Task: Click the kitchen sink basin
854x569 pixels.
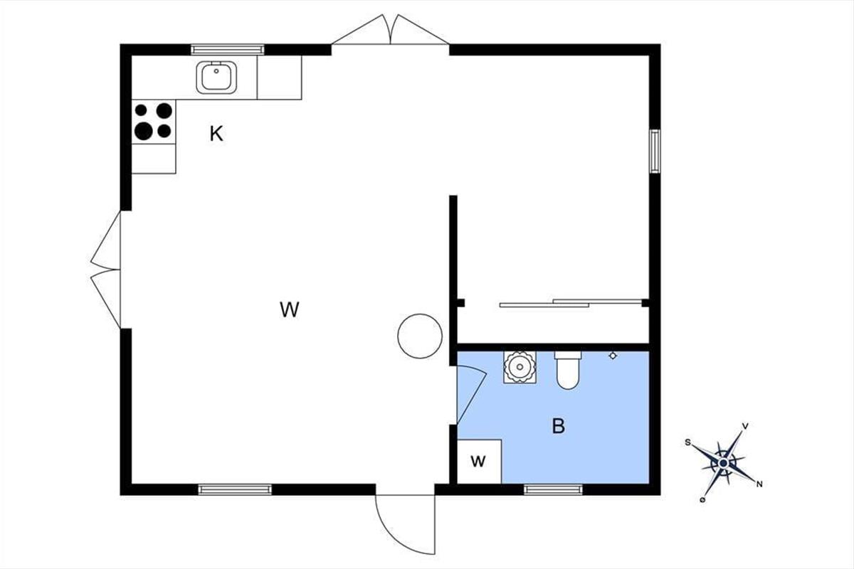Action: [x=216, y=76]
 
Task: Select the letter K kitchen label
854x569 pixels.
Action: [x=216, y=134]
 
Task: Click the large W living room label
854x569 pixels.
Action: [x=289, y=309]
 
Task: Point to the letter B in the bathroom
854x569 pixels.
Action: [x=559, y=426]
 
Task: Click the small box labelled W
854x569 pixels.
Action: [x=478, y=462]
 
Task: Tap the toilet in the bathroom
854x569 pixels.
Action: [x=568, y=370]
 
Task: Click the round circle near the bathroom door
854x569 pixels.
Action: [x=420, y=336]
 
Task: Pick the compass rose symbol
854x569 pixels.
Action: [x=723, y=463]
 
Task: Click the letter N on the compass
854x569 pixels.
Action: [x=759, y=485]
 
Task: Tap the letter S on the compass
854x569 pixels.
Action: [x=688, y=442]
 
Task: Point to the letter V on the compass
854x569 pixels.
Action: [x=745, y=426]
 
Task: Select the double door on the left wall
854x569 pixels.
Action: [x=107, y=270]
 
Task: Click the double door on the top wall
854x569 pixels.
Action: [x=390, y=31]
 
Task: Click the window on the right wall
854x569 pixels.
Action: [x=655, y=151]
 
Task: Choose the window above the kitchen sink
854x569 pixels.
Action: [x=228, y=49]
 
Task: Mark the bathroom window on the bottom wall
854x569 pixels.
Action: [x=553, y=489]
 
